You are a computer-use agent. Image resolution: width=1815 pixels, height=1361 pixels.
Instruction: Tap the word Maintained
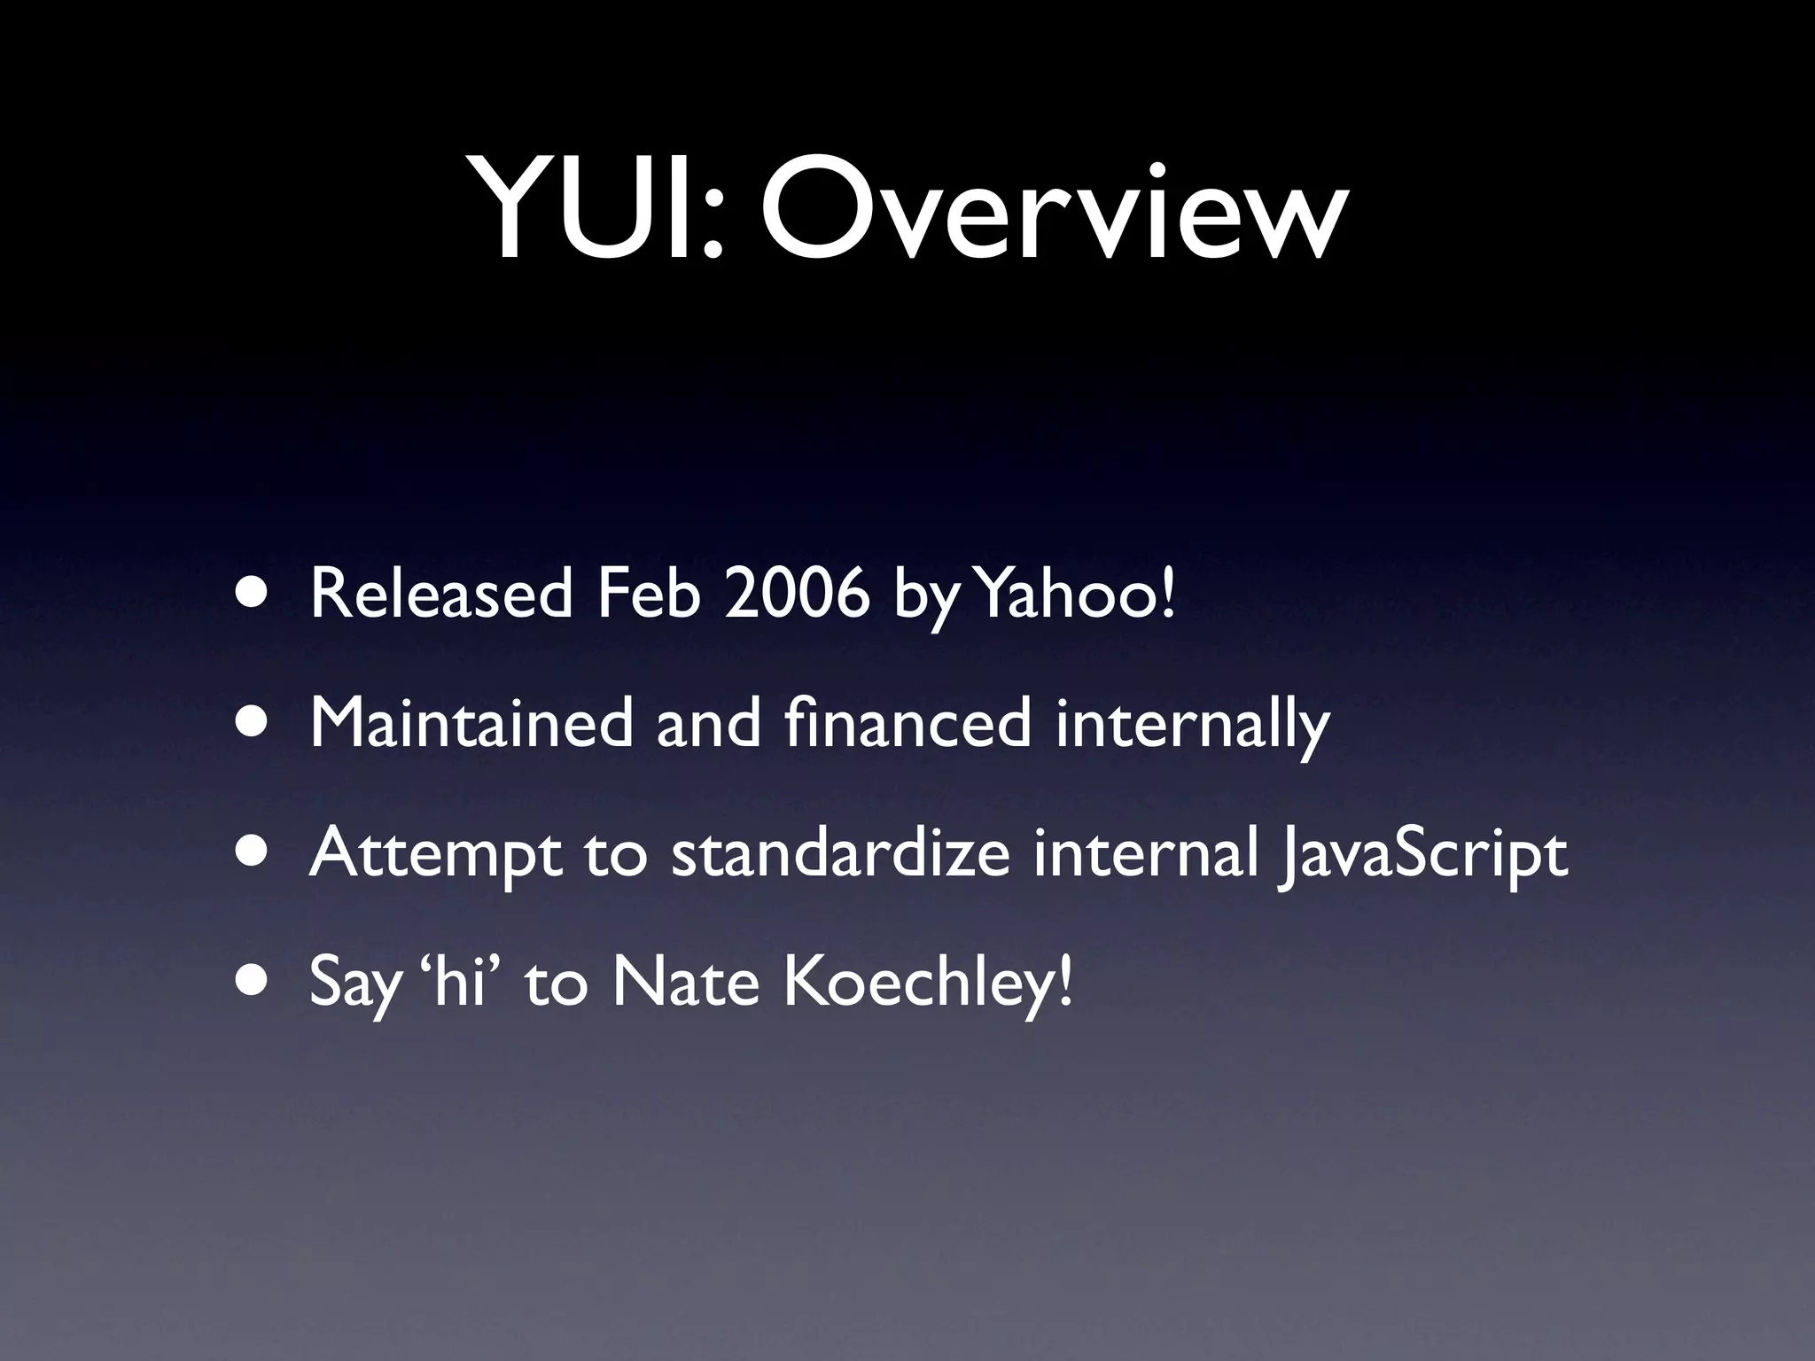coord(471,723)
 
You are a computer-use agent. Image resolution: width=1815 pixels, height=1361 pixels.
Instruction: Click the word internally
coord(1193,725)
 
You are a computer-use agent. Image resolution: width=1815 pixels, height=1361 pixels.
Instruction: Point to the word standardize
coord(840,853)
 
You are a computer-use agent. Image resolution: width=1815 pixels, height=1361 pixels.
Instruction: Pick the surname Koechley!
coord(927,984)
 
